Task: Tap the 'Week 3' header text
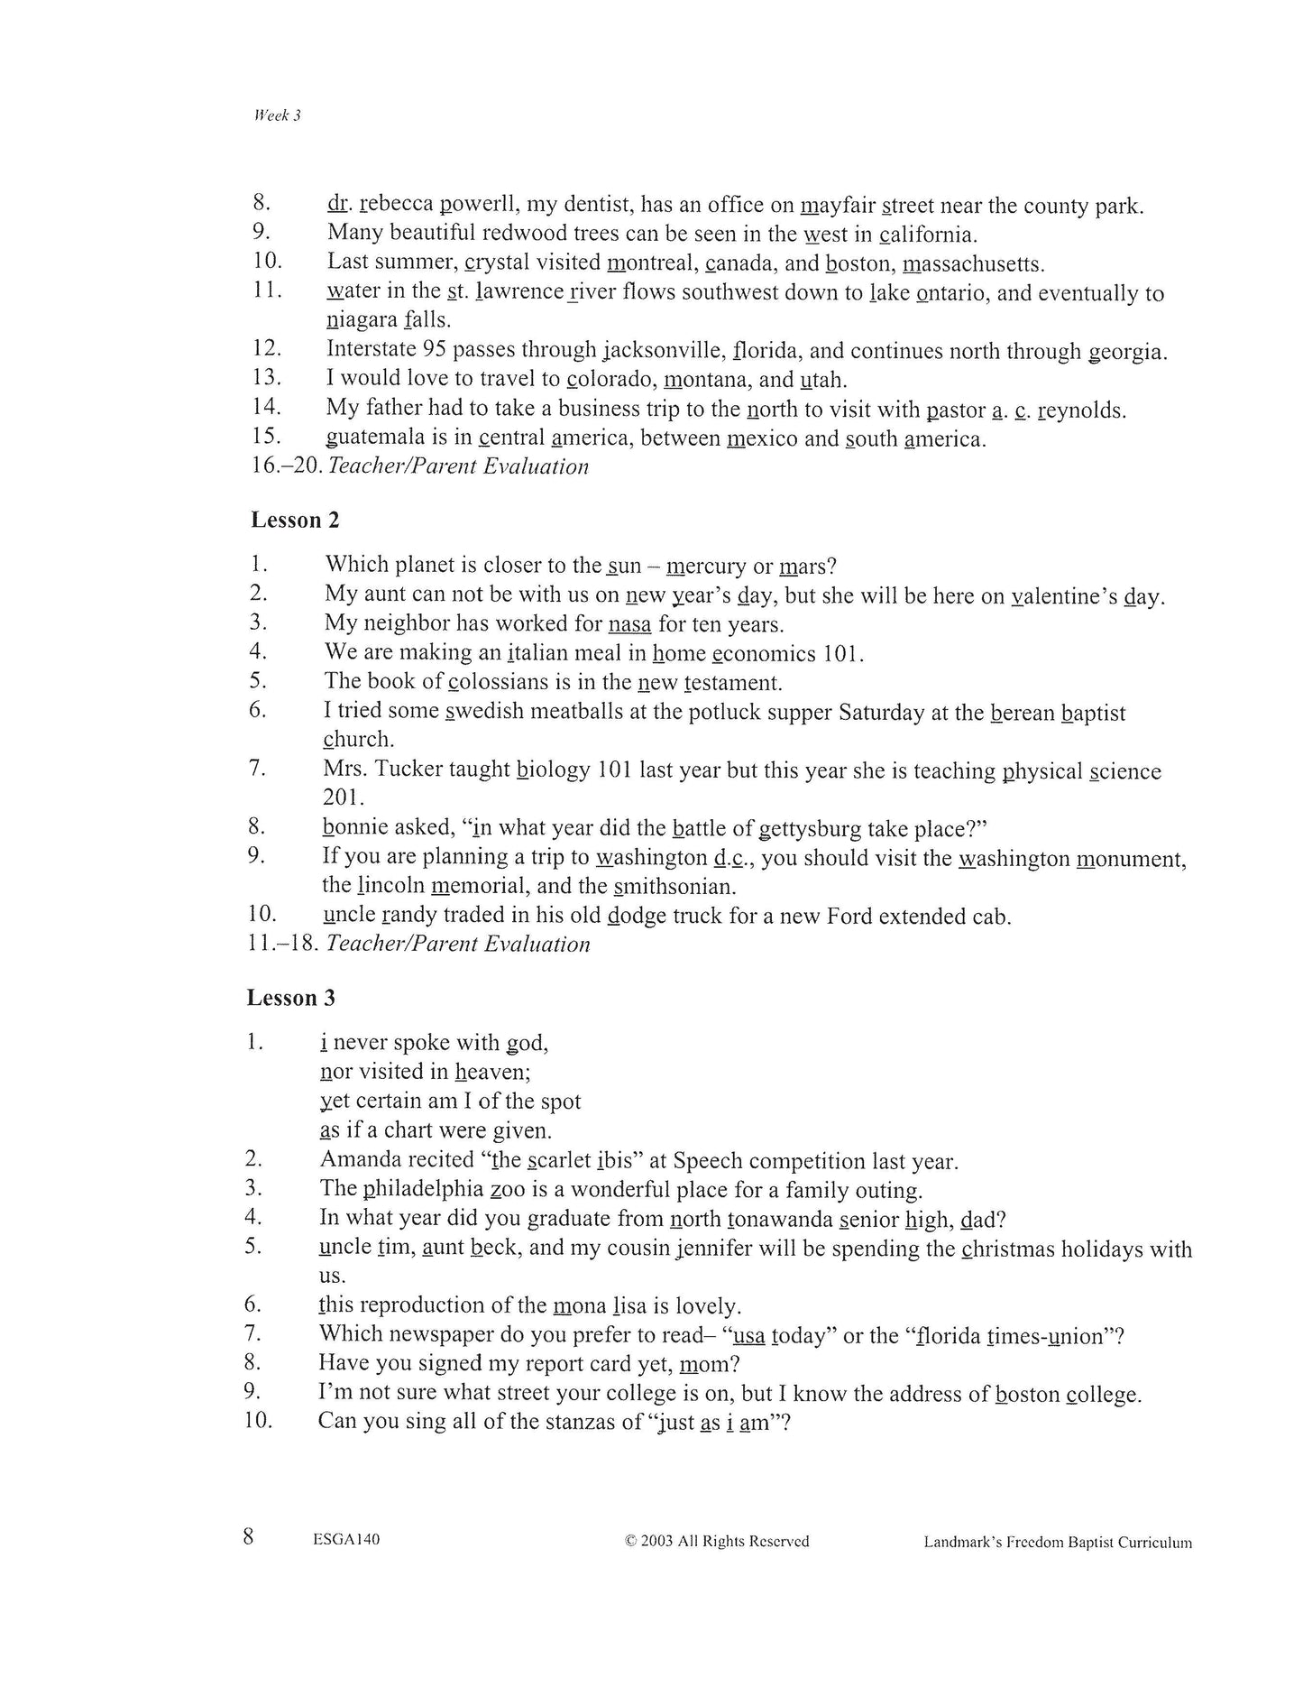click(x=277, y=115)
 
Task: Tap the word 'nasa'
click(x=629, y=624)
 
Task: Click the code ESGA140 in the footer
click(x=346, y=1540)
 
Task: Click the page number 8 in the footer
click(x=249, y=1537)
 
